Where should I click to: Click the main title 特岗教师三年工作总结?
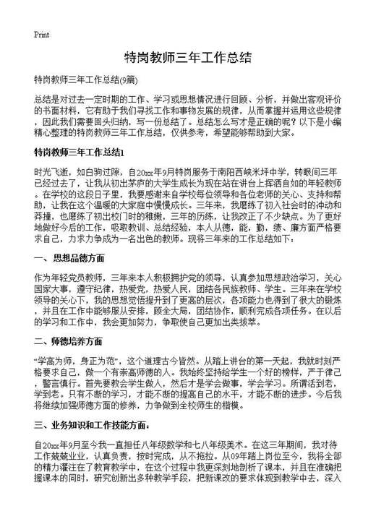187,58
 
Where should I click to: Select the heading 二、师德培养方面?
69,340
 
